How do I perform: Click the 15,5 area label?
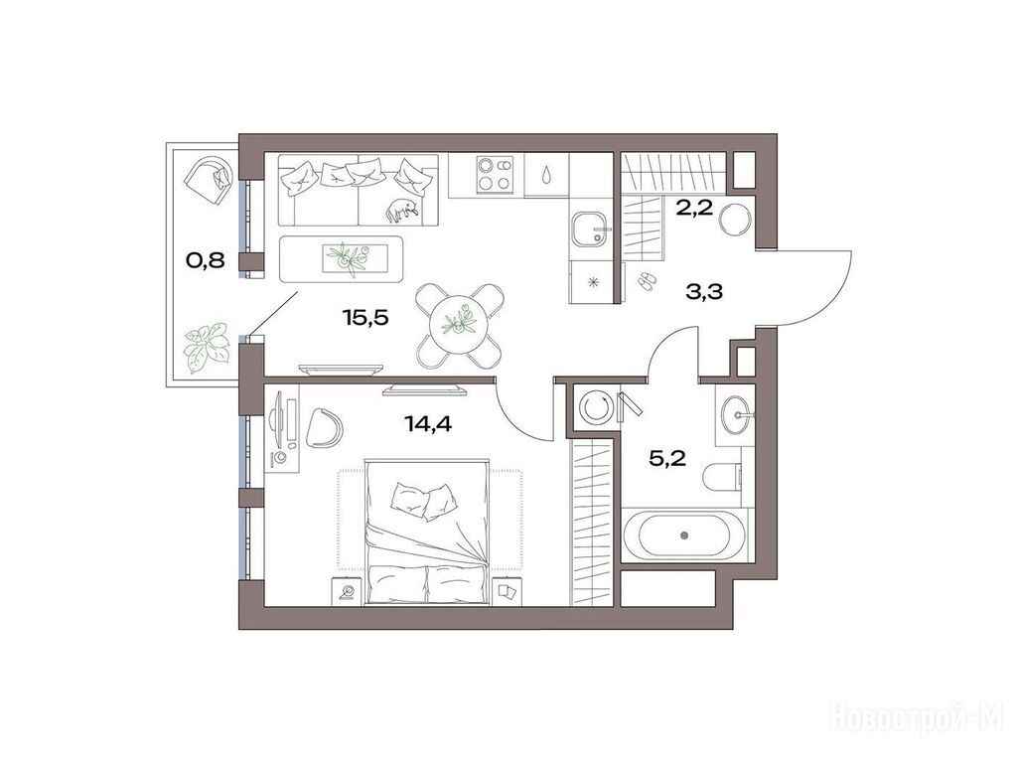click(x=364, y=317)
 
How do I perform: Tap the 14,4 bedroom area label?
click(x=428, y=424)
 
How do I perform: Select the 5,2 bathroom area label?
click(x=667, y=459)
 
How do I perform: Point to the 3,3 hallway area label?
click(x=704, y=292)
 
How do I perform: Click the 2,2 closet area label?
click(x=694, y=209)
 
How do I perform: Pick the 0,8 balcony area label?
click(x=205, y=261)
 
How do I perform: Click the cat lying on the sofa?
click(x=402, y=210)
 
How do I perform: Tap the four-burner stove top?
click(x=495, y=174)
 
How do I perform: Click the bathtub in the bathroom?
click(x=684, y=534)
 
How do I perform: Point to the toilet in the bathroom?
click(x=723, y=478)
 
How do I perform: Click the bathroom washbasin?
click(x=736, y=414)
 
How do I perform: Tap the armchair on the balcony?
click(x=209, y=175)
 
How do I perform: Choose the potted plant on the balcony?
click(x=207, y=348)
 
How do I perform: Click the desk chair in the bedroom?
click(x=324, y=427)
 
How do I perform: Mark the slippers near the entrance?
click(x=647, y=281)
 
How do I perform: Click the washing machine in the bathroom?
click(x=596, y=406)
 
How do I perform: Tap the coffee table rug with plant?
click(x=342, y=259)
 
